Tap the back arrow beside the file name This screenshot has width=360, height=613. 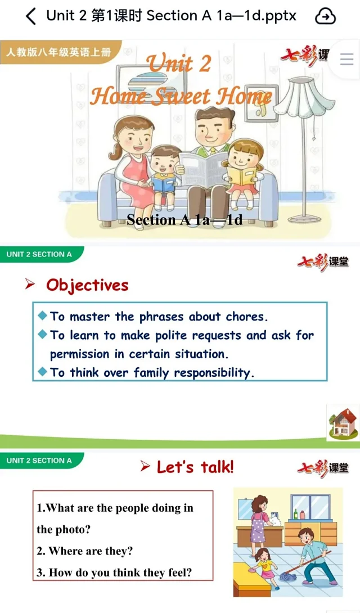click(31, 16)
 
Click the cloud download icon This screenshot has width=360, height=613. click(325, 16)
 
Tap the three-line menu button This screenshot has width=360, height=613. click(346, 59)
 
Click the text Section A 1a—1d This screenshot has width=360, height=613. click(184, 220)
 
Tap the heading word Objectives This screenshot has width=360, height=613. click(87, 285)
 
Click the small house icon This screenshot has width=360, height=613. click(343, 422)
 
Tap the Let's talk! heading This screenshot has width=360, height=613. click(195, 467)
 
